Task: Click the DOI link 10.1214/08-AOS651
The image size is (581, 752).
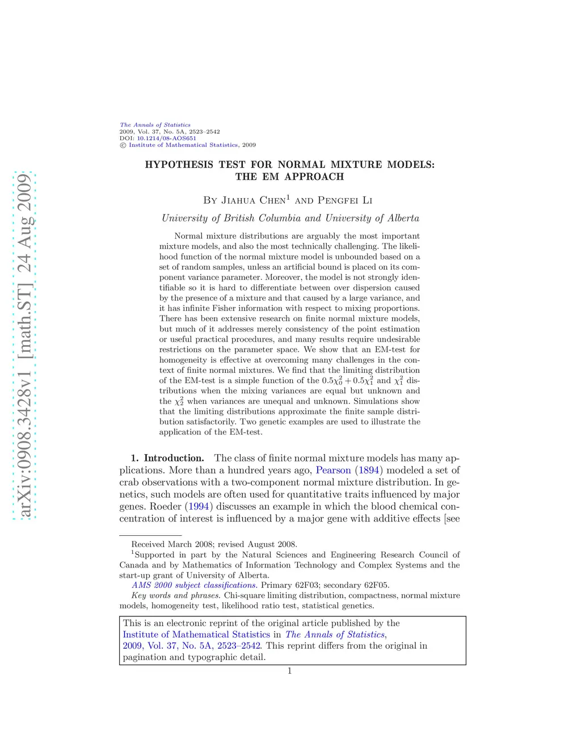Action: pyautogui.click(x=166, y=138)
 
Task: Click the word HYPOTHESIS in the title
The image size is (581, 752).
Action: pyautogui.click(x=179, y=165)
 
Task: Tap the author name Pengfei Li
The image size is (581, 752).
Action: pyautogui.click(x=345, y=200)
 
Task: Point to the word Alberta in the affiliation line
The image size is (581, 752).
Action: pyautogui.click(x=403, y=218)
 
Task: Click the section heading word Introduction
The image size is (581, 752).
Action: pyautogui.click(x=174, y=458)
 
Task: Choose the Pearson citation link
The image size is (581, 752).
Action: pyautogui.click(x=333, y=470)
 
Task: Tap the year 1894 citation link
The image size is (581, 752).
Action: pyautogui.click(x=369, y=470)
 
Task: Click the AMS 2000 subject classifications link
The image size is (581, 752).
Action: pyautogui.click(x=194, y=585)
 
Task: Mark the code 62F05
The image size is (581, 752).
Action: pyautogui.click(x=376, y=585)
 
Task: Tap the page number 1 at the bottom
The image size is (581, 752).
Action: pyautogui.click(x=289, y=671)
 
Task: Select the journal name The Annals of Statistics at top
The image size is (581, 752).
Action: pyautogui.click(x=155, y=125)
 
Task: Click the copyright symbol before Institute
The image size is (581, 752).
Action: pyautogui.click(x=123, y=145)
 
